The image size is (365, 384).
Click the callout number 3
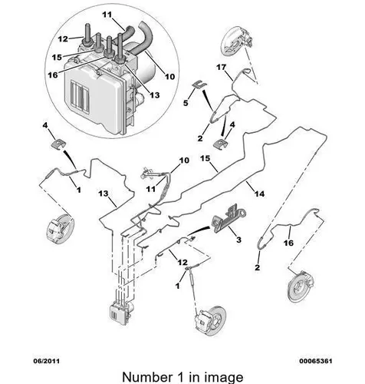(238, 240)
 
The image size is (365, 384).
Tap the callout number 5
(186, 103)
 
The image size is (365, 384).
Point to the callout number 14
(259, 194)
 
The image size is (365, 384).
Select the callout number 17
(221, 68)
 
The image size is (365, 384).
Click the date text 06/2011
(47, 361)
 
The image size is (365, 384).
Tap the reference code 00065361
(316, 361)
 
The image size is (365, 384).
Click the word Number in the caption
(147, 377)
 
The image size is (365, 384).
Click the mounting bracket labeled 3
(228, 219)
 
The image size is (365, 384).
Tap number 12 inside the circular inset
(63, 39)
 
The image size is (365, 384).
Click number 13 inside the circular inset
(154, 95)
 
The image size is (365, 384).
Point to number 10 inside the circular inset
(169, 76)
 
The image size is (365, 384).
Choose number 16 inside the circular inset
(53, 75)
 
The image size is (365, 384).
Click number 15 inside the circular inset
(57, 57)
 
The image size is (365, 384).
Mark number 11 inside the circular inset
(107, 15)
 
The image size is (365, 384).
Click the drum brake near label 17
(238, 41)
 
